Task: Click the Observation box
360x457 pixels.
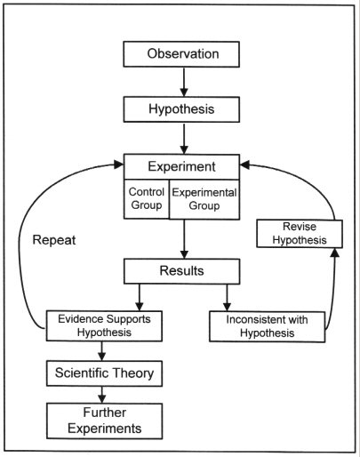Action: (181, 54)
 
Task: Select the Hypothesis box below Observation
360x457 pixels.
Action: (181, 109)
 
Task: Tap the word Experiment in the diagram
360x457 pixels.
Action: (181, 166)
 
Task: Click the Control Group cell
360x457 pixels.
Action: (147, 199)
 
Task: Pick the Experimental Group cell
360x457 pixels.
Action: (204, 199)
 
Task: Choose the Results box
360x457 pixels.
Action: (181, 271)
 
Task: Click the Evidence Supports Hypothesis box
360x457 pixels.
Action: (104, 325)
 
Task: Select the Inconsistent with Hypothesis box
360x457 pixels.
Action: (267, 326)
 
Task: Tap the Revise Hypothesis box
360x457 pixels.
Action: (300, 234)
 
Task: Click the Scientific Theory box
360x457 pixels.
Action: (104, 373)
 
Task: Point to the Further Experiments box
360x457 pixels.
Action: (104, 421)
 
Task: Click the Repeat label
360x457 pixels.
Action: (54, 240)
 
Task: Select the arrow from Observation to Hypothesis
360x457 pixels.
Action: (184, 82)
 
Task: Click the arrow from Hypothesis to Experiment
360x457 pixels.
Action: (184, 139)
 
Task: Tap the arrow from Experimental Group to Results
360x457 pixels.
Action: (184, 239)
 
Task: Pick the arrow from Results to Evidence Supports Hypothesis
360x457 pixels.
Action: (140, 298)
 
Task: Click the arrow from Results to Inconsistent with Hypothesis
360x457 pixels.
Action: (227, 298)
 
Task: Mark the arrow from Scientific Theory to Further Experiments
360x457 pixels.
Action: (102, 395)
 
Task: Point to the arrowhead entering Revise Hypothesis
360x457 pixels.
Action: (335, 253)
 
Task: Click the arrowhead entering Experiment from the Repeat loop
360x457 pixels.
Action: (119, 164)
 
